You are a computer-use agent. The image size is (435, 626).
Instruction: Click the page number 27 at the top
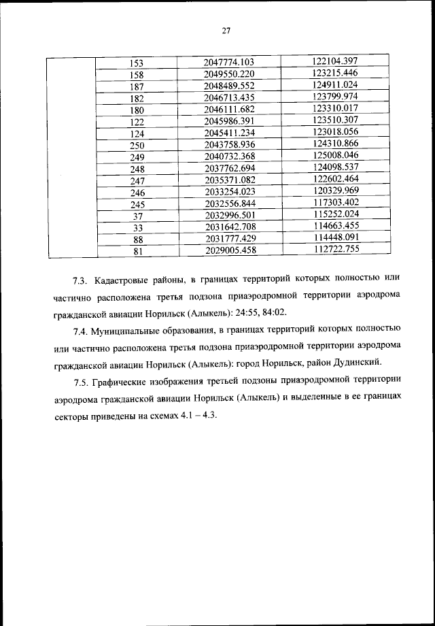(226, 30)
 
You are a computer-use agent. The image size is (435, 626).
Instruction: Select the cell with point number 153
(137, 63)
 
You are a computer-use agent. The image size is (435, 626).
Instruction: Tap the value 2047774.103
(233, 63)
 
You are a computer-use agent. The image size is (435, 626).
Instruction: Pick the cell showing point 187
(137, 85)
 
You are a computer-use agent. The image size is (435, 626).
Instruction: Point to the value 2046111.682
(233, 109)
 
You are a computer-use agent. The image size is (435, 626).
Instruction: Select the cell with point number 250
(137, 144)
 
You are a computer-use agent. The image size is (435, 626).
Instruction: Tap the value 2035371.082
(233, 179)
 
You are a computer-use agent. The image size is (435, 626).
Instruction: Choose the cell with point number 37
(137, 216)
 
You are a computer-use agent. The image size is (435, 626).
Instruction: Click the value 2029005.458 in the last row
(233, 250)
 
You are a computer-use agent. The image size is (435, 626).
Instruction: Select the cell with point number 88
(137, 239)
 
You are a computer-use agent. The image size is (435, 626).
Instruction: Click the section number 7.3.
(81, 280)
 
